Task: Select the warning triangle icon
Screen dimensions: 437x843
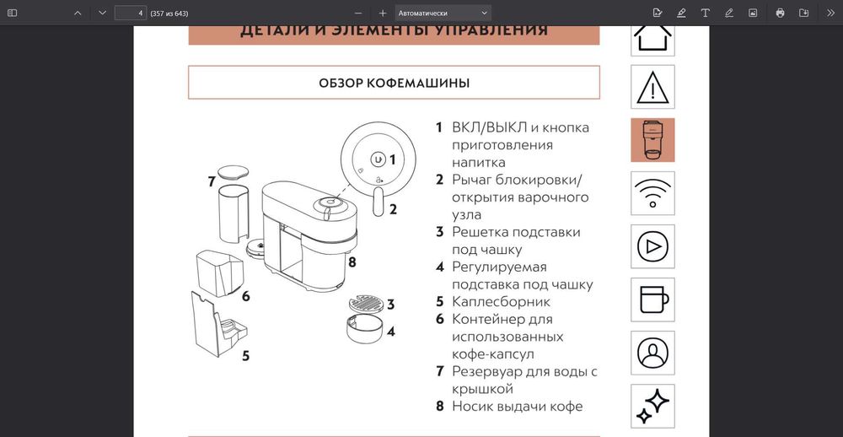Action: (652, 86)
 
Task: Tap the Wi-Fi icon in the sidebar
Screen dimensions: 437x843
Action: (652, 193)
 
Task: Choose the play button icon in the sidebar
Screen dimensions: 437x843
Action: (652, 246)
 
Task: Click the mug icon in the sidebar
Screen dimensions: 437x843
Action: (652, 299)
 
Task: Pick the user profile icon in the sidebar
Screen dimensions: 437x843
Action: (652, 353)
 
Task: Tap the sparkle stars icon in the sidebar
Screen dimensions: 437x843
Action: (652, 406)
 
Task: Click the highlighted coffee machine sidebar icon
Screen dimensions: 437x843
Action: (652, 140)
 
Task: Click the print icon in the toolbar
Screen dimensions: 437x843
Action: (780, 13)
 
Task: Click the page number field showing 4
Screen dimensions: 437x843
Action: (130, 13)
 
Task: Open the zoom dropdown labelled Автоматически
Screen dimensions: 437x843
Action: (443, 13)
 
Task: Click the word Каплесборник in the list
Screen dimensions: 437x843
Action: (501, 301)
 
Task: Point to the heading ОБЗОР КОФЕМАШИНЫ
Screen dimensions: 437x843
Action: (394, 83)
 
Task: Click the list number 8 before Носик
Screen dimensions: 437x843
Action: (439, 406)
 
